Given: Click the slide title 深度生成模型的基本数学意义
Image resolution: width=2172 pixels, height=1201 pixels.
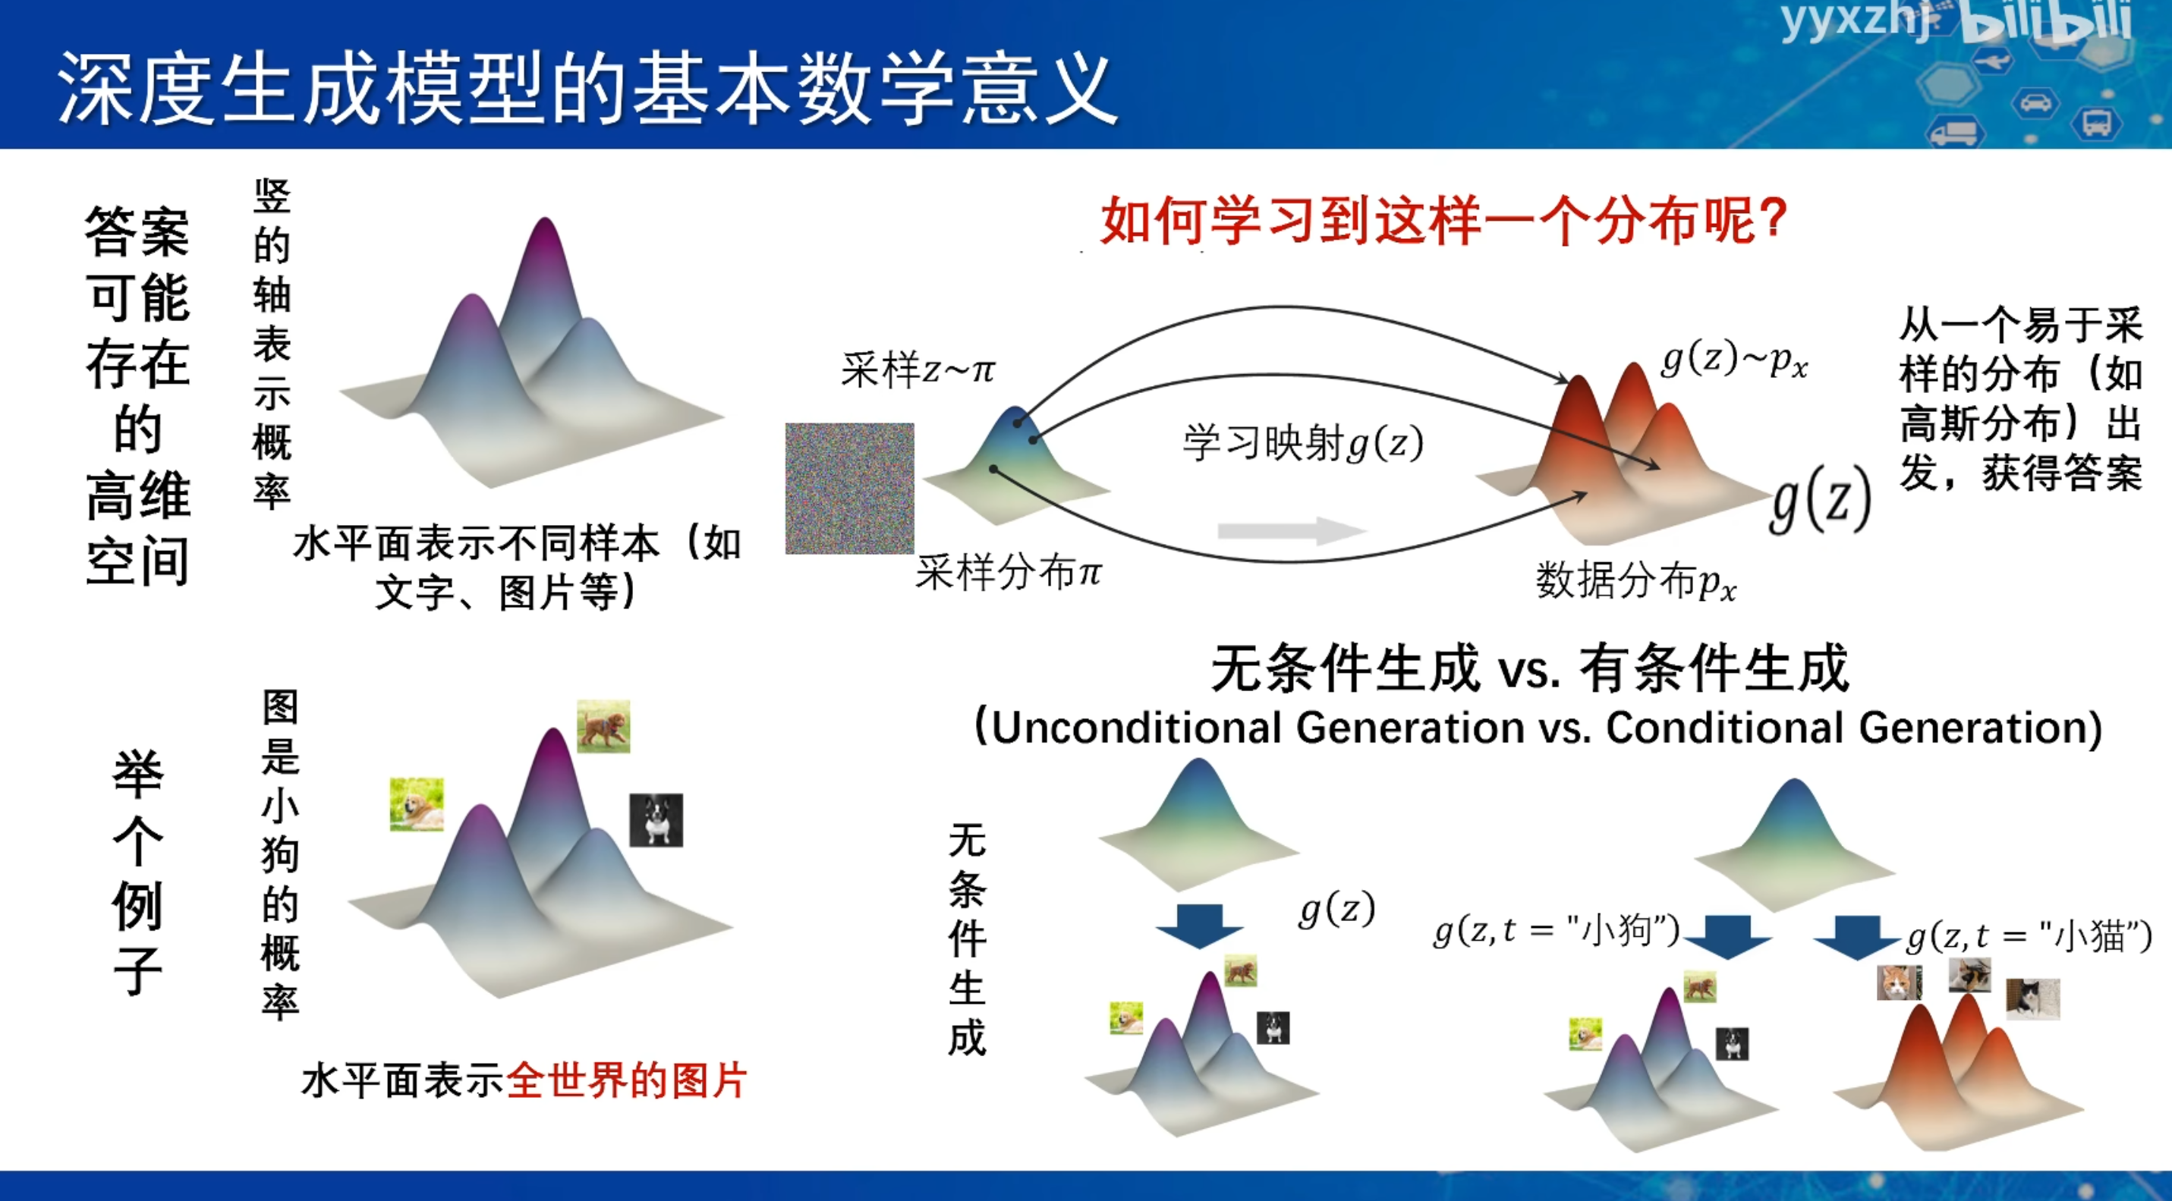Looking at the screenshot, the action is tap(587, 90).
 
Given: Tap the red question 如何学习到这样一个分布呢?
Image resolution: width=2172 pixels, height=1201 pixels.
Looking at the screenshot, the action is tap(1443, 221).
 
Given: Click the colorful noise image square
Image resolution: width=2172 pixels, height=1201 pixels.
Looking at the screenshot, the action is tap(850, 489).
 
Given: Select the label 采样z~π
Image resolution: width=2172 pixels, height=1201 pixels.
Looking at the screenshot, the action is tap(918, 369).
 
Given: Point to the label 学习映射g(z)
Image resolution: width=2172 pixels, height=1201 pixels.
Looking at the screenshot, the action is tap(1303, 442).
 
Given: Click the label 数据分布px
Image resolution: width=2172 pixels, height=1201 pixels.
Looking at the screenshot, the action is tap(1635, 580).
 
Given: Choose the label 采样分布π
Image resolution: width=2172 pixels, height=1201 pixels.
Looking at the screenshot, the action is tap(1009, 573).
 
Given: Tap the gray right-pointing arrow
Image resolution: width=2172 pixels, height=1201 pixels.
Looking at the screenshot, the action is tap(1292, 530).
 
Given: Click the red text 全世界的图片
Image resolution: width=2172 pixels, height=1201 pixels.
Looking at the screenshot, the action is tap(626, 1080).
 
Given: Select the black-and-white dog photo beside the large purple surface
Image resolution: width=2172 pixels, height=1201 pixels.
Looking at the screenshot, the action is tap(656, 820).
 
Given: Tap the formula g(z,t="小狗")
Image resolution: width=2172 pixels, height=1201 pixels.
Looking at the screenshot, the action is tap(1557, 929).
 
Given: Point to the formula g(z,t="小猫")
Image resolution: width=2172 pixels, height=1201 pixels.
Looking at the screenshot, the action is tap(2029, 935).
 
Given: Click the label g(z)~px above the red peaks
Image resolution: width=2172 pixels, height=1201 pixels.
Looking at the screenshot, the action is tap(1733, 360).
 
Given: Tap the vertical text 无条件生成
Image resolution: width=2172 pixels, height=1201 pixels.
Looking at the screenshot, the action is tap(967, 939).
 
